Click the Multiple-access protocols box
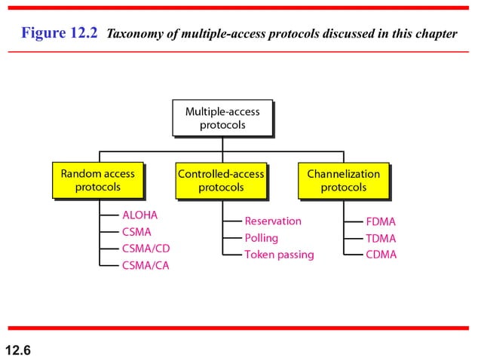pos(222,118)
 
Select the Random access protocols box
pos(97,180)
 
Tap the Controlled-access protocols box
pos(221,180)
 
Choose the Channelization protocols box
pos(343,180)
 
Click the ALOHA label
pos(139,215)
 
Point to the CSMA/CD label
pos(146,248)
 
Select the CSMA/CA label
pos(146,265)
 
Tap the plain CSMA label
pos(137,232)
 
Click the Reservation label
pos(272,221)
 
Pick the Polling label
pos(261,238)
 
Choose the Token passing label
pos(278,255)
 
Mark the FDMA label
pos(381,222)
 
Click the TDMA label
pos(381,239)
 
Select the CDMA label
pos(381,255)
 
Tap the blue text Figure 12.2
pos(60,34)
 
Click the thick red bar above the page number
pos(240,328)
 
